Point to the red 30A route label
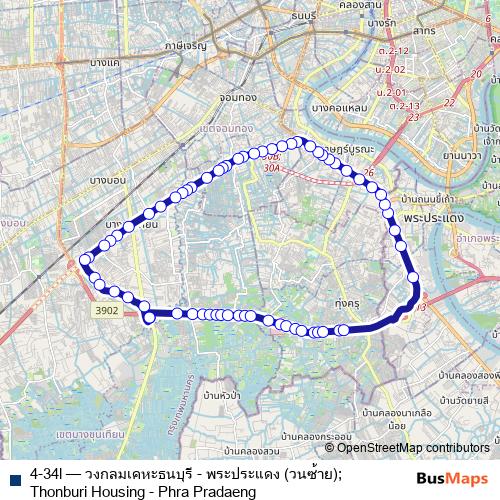click(271, 168)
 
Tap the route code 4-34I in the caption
click(51, 472)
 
